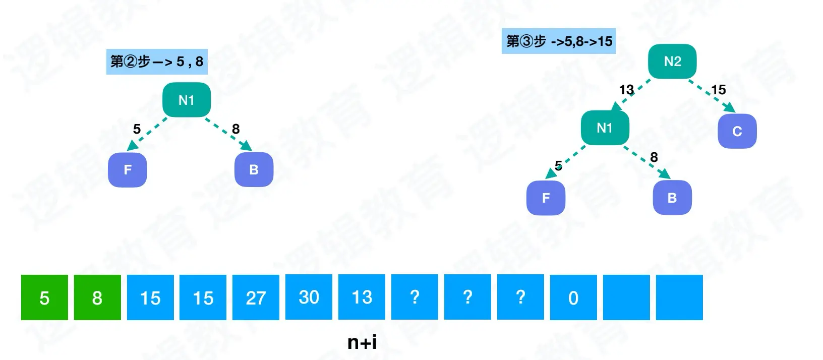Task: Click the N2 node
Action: (672, 62)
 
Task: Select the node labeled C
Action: (737, 131)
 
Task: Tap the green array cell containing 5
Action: (44, 297)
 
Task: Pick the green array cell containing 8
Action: (97, 297)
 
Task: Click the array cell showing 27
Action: (256, 297)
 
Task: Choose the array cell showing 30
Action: (309, 297)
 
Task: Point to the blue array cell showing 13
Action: (362, 297)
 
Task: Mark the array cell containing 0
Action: (573, 297)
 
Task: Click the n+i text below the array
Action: (362, 342)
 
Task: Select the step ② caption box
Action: (157, 62)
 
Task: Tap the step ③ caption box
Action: (559, 41)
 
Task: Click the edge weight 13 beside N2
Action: (626, 90)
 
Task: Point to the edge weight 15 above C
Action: (718, 90)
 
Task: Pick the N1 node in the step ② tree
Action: (187, 100)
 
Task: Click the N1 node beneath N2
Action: (605, 128)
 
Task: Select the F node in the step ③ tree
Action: (546, 198)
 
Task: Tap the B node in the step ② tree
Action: (254, 170)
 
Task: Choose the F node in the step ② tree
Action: (128, 170)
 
